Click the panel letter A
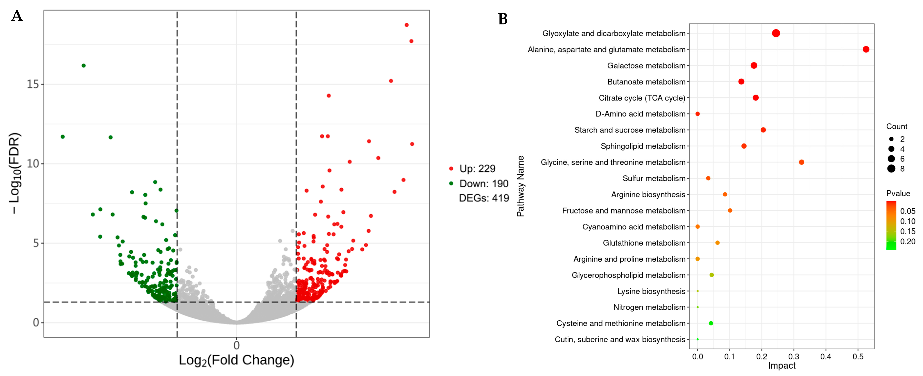[x=17, y=16]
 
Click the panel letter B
[x=503, y=19]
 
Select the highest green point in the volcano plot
[x=84, y=66]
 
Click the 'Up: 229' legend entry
[x=477, y=169]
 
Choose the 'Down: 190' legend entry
[x=483, y=184]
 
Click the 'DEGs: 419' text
[x=484, y=198]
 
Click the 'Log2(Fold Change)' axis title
[x=236, y=360]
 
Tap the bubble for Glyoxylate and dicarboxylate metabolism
[x=776, y=33]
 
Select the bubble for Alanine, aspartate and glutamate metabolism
[x=866, y=50]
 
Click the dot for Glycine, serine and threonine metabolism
[x=802, y=162]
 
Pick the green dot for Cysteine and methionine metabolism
[x=711, y=323]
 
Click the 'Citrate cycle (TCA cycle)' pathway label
[x=642, y=98]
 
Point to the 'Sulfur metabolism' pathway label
[x=654, y=178]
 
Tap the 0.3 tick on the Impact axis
[x=794, y=357]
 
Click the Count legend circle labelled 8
[x=891, y=169]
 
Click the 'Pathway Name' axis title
[x=520, y=186]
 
